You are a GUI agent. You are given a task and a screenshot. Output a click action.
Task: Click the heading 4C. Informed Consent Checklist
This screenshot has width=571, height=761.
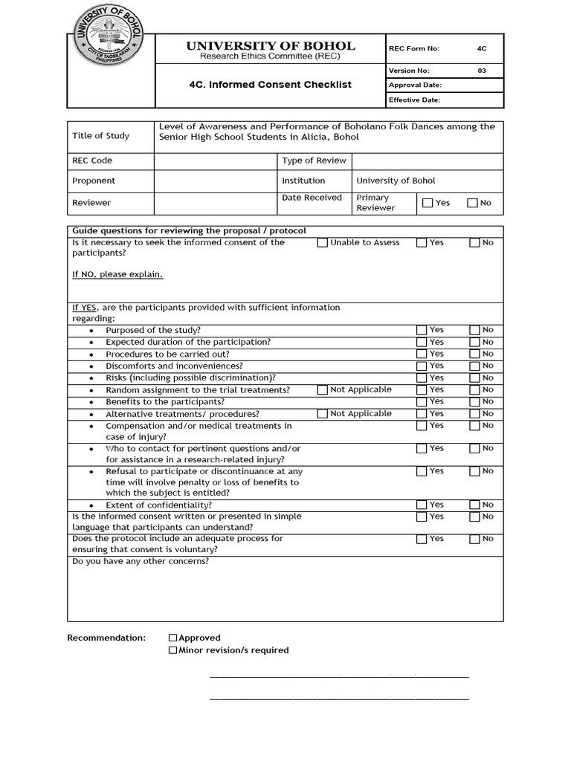(271, 85)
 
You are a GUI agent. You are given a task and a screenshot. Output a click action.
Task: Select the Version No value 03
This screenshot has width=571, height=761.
(482, 71)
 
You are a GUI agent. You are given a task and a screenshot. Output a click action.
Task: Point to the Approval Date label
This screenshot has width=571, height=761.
(415, 85)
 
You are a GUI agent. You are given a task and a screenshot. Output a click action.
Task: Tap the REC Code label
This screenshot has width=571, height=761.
(92, 161)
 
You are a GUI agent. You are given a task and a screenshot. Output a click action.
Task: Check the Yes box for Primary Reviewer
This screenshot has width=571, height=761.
(428, 203)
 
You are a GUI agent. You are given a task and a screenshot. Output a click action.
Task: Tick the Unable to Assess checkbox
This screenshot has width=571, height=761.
(322, 242)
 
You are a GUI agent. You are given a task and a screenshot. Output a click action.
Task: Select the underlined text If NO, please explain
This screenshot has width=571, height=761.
(117, 274)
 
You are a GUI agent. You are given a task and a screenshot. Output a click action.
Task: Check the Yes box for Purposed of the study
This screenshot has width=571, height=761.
(422, 330)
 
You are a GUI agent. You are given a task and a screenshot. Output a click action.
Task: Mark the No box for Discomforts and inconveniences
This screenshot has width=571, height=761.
(474, 366)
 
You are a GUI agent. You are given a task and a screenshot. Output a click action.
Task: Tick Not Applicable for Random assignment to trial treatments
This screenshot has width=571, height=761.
(322, 389)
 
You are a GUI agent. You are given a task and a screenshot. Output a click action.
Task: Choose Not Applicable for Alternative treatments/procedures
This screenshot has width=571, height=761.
(322, 414)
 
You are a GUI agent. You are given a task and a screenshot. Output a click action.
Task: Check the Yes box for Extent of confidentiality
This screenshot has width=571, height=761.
(422, 505)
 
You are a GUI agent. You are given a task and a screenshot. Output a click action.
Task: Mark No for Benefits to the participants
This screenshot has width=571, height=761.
(474, 402)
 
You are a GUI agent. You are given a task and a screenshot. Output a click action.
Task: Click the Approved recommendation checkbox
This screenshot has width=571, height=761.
(173, 638)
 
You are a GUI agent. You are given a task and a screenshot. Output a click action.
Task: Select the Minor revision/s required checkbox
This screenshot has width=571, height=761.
(173, 650)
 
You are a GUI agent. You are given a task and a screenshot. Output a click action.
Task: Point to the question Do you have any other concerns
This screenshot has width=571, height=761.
(141, 561)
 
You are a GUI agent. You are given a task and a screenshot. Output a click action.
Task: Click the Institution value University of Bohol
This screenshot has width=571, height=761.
(396, 181)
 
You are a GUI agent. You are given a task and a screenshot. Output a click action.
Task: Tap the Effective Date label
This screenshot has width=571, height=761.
(415, 100)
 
